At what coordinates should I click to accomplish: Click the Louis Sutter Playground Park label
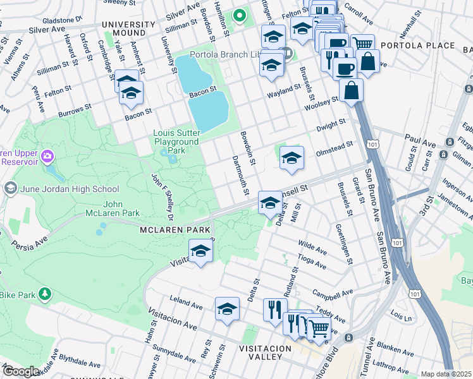pyautogui.click(x=177, y=142)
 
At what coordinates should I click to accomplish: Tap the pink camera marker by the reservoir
pyautogui.click(x=47, y=156)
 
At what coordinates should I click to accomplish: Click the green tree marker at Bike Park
pyautogui.click(x=45, y=294)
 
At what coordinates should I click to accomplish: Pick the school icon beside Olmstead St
pyautogui.click(x=292, y=158)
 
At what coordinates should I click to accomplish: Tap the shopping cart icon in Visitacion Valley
pyautogui.click(x=318, y=327)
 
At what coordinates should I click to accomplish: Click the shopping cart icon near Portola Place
pyautogui.click(x=362, y=45)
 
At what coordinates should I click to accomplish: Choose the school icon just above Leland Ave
pyautogui.click(x=227, y=310)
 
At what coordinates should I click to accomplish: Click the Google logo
pyautogui.click(x=21, y=371)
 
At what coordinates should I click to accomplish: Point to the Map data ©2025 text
pyautogui.click(x=446, y=374)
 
